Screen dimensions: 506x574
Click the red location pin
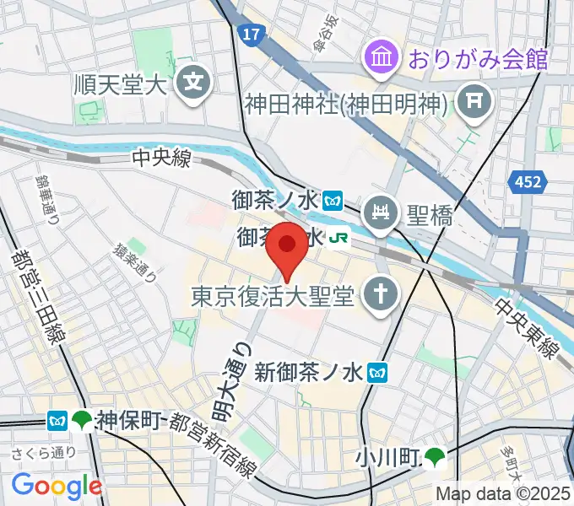point(288,248)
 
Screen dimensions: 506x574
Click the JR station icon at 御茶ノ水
point(339,239)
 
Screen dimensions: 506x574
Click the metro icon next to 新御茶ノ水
point(381,370)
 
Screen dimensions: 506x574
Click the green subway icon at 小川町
point(435,458)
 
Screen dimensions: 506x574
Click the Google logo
point(57,485)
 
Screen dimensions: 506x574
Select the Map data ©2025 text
point(503,493)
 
